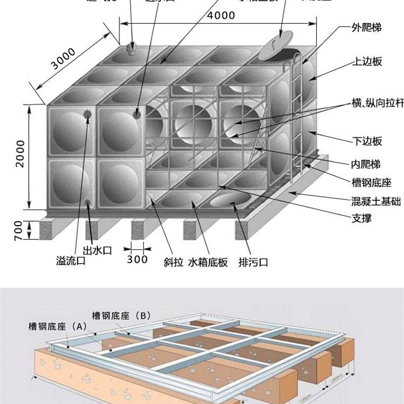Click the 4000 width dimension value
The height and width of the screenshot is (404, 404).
pos(221,15)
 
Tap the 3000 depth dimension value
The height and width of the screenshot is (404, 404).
pos(63,60)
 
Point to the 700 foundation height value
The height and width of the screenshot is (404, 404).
pos(19,230)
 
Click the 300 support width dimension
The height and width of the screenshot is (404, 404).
pos(137,259)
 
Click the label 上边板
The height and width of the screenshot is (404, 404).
pos(366,62)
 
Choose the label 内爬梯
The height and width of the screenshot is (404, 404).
pos(366,164)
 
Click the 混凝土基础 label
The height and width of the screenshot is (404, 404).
pos(376,201)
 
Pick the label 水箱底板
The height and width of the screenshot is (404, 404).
pos(208,262)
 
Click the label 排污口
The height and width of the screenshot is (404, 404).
pos(252,262)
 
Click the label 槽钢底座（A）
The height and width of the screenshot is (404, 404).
pos(58,326)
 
